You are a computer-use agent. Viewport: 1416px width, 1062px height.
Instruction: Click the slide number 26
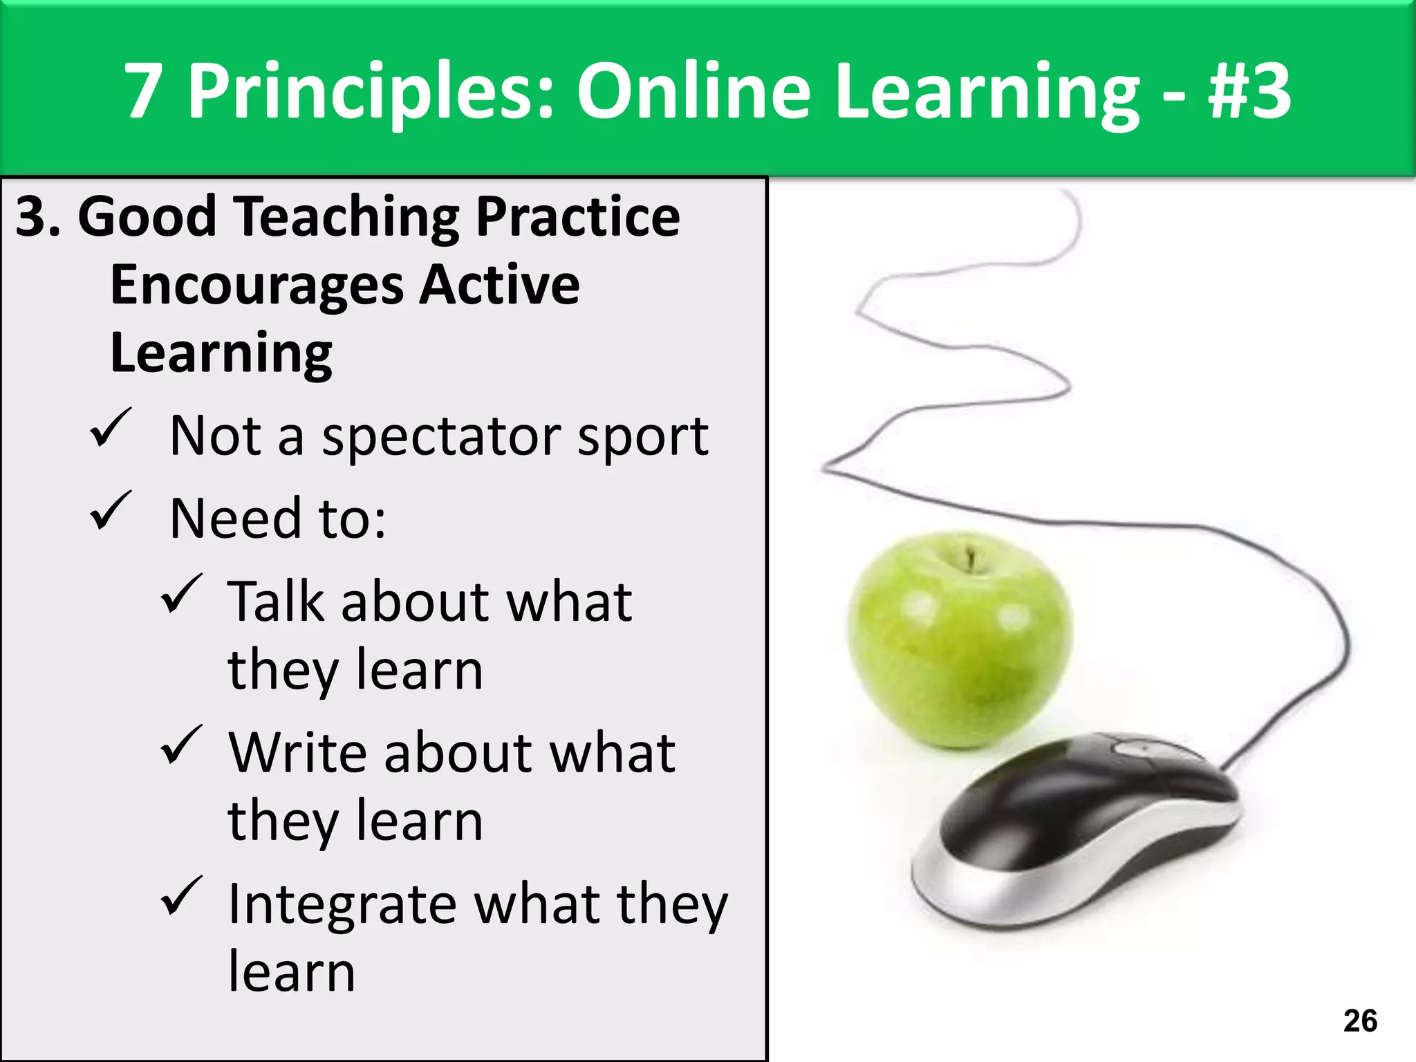(x=1360, y=1021)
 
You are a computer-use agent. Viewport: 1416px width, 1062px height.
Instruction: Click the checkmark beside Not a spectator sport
(x=110, y=429)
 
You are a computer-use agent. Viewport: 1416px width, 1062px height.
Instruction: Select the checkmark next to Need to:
(x=110, y=512)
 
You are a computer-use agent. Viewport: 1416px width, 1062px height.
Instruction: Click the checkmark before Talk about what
(x=181, y=595)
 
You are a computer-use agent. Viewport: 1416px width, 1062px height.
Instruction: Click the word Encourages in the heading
(x=256, y=286)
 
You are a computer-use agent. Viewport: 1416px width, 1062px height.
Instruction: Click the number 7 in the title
(x=144, y=91)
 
